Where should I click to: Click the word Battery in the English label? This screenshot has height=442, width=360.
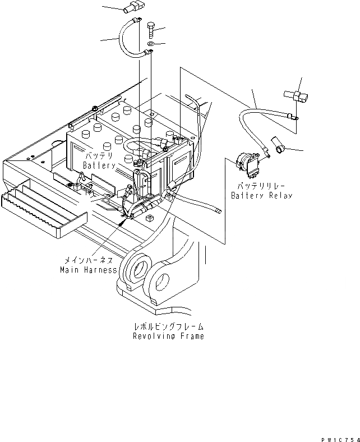tap(99, 165)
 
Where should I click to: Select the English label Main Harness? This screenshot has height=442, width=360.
tap(88, 270)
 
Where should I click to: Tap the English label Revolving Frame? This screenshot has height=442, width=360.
tap(168, 337)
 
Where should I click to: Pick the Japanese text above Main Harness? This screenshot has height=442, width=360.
tap(88, 260)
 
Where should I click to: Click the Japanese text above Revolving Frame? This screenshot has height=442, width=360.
tap(168, 326)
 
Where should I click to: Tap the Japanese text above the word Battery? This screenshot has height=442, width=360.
tap(99, 155)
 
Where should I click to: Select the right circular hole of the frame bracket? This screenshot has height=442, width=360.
tap(163, 279)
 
